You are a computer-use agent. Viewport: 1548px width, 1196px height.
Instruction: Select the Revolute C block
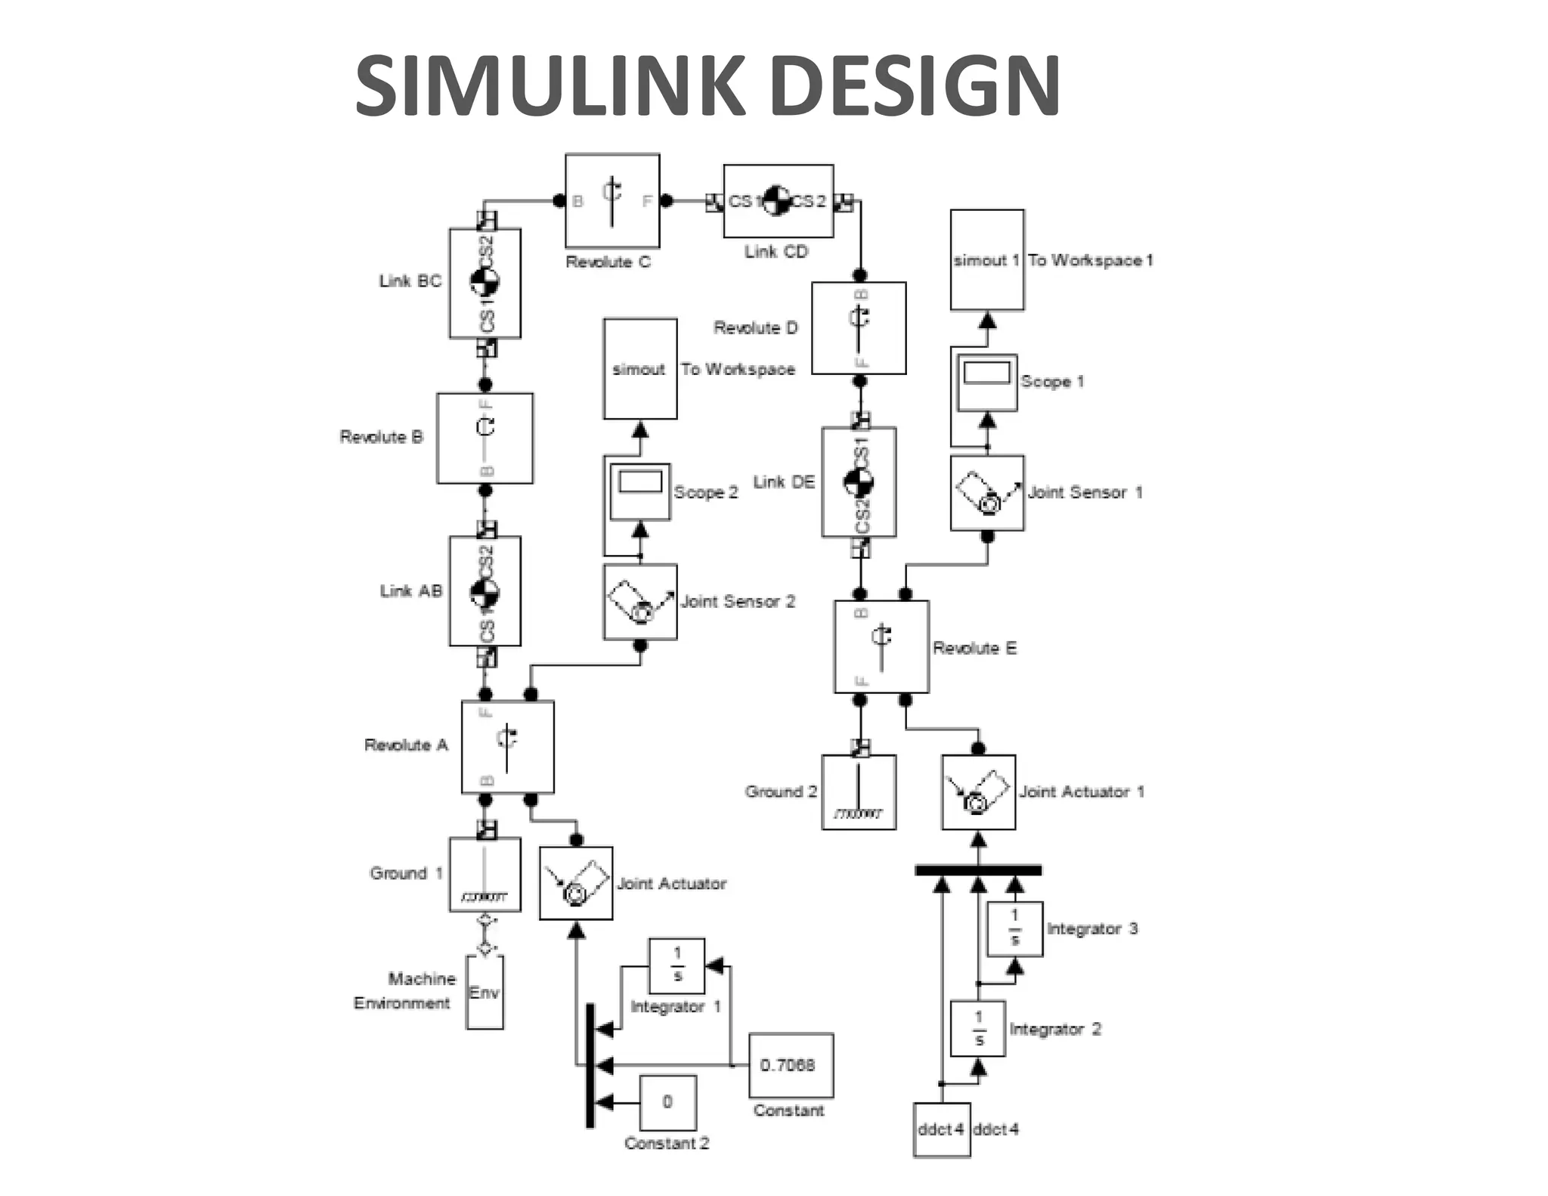[x=612, y=201]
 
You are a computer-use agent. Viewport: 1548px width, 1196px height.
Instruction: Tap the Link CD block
[x=778, y=201]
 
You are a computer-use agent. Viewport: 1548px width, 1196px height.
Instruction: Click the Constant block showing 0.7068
[x=791, y=1064]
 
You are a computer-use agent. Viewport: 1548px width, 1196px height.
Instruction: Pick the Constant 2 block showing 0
[x=668, y=1101]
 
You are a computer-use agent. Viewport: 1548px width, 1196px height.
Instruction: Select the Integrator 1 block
[x=676, y=966]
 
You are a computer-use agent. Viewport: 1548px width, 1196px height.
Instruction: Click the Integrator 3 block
[x=1014, y=928]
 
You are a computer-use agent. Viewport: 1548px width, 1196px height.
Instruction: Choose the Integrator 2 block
[x=977, y=1028]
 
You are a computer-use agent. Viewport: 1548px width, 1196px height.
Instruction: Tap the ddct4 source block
[x=941, y=1129]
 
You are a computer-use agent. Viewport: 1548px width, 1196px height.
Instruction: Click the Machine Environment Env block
[x=485, y=992]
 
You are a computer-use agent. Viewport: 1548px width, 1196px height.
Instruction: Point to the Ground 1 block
[x=485, y=874]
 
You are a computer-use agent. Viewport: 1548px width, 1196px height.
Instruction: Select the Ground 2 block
[x=859, y=792]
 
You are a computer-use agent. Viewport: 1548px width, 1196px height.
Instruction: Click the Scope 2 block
[x=639, y=491]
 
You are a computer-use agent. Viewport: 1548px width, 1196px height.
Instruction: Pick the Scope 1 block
[x=986, y=382]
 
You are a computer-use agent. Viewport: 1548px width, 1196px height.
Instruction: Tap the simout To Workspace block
[x=639, y=369]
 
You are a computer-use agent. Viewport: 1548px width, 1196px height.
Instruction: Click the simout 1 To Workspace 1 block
[x=986, y=260]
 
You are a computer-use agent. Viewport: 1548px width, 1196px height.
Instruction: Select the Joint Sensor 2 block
[x=639, y=602]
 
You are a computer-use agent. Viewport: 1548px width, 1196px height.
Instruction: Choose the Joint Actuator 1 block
[x=978, y=792]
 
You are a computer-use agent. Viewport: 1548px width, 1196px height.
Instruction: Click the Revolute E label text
[x=974, y=648]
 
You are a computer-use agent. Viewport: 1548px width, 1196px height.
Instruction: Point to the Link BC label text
[x=410, y=281]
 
